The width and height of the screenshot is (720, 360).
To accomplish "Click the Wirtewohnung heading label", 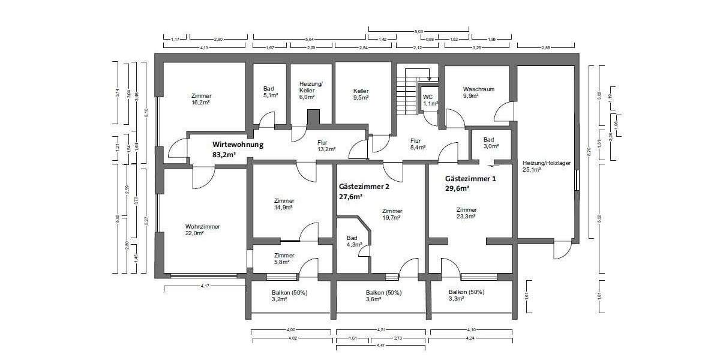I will point(238,145).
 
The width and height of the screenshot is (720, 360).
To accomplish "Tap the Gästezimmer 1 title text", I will point(470,179).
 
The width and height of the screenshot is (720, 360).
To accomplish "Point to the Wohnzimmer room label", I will point(202,227).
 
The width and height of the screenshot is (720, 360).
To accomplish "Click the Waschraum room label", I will point(478,89).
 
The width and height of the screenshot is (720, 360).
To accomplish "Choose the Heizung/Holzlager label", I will point(546,163).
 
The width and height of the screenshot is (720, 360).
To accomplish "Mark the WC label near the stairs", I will point(428,97).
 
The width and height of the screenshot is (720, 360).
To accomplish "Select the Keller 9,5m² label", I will point(360,92).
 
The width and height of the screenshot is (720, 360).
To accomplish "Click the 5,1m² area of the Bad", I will point(269,95).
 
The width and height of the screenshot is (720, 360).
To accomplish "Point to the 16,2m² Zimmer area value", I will point(201,103).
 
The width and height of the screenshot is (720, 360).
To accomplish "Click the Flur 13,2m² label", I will point(326,146).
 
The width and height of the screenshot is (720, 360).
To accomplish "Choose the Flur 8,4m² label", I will point(418,144).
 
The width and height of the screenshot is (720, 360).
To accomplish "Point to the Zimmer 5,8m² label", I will point(283,259).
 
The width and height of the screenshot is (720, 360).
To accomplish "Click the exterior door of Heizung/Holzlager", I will point(562,249).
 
